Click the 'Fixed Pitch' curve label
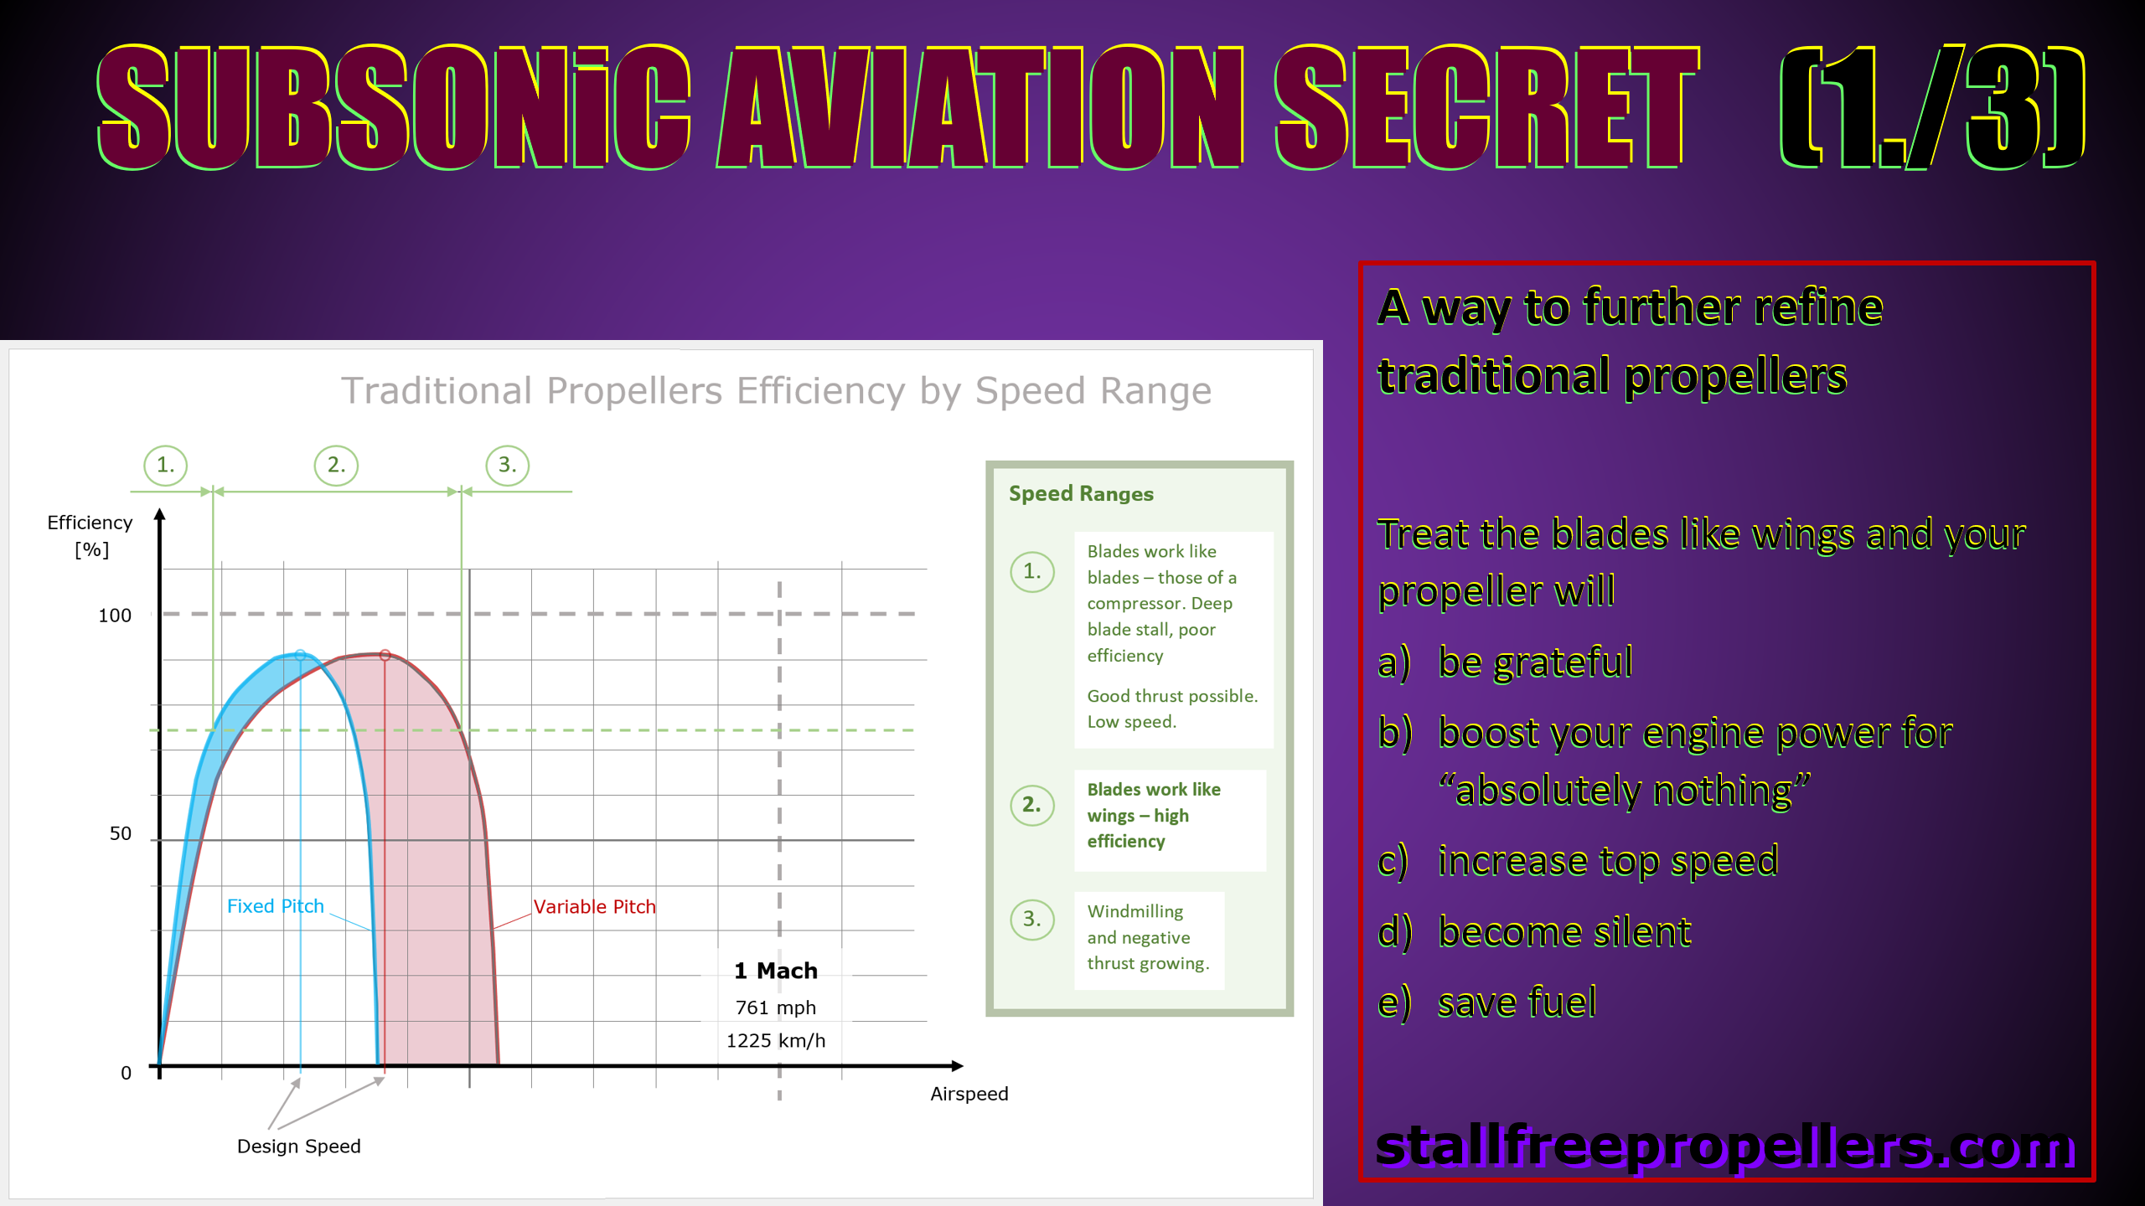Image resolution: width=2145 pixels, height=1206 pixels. pos(275,906)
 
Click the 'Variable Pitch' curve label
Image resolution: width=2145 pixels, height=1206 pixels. pos(594,906)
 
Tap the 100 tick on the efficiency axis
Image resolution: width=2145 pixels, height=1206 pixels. pos(115,616)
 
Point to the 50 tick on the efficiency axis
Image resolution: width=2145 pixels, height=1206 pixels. pos(120,833)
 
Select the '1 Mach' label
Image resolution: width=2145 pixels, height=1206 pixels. pos(776,971)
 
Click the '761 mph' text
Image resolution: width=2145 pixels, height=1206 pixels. pos(776,1008)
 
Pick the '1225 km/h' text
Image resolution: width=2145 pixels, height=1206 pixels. pos(776,1040)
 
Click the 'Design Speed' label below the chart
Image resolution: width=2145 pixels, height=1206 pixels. pos(298,1146)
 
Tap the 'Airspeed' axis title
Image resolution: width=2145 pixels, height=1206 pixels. pos(969,1094)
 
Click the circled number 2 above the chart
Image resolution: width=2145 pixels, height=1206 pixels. pos(336,465)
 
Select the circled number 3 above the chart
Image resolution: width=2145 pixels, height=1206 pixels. pos(507,465)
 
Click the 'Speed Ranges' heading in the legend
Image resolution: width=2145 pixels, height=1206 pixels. pos(1081,493)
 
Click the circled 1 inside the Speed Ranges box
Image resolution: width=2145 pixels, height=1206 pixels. pos(1031,572)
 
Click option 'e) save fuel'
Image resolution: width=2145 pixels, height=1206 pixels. pos(1488,1002)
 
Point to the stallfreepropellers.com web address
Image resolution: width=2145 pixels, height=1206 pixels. pos(1726,1147)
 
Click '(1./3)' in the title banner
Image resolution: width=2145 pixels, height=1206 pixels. pos(1932,107)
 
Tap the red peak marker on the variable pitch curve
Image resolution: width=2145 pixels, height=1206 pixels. pos(385,655)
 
